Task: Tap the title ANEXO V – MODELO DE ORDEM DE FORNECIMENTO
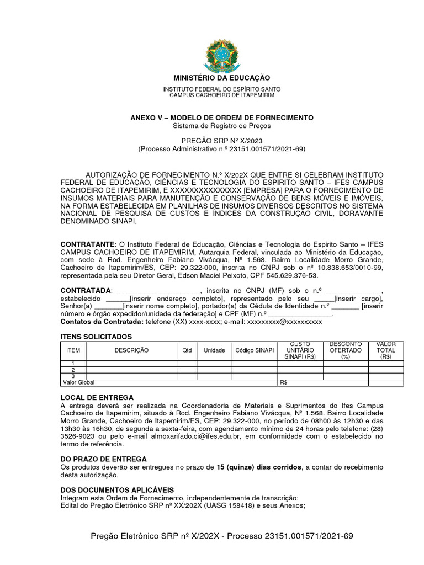pyautogui.click(x=221, y=118)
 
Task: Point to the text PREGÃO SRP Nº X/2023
pyautogui.click(x=221, y=141)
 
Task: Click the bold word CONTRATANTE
pyautogui.click(x=87, y=244)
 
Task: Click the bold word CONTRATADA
pyautogui.click(x=86, y=290)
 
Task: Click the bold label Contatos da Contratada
pyautogui.click(x=101, y=322)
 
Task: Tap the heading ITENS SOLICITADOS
pyautogui.click(x=96, y=337)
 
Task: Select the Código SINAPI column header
pyautogui.click(x=254, y=350)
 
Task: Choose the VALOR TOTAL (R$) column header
pyautogui.click(x=385, y=350)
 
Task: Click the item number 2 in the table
pyautogui.click(x=73, y=370)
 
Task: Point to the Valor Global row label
pyautogui.click(x=79, y=382)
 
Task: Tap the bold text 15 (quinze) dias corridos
pyautogui.click(x=259, y=467)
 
